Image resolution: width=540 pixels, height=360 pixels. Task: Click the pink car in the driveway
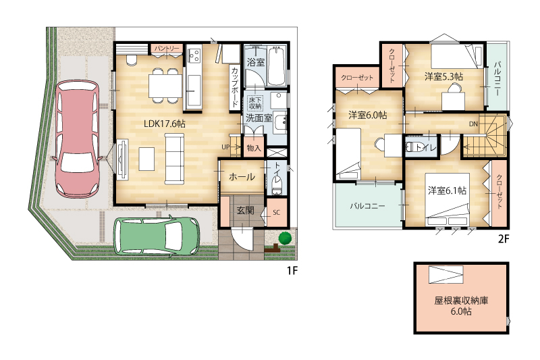78,139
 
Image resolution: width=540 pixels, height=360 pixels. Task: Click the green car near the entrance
157,236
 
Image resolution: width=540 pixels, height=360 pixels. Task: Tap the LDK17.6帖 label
164,124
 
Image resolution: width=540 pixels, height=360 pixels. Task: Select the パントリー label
167,48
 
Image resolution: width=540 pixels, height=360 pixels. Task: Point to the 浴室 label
256,62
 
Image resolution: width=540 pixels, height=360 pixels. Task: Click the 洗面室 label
259,118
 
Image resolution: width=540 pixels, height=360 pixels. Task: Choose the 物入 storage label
254,148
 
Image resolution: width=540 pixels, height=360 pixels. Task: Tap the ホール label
242,177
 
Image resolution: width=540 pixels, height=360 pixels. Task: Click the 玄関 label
245,210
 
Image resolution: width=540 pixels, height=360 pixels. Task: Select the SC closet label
277,213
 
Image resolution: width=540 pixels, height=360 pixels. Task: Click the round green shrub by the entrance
285,238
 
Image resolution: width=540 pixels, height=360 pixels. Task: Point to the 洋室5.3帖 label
443,76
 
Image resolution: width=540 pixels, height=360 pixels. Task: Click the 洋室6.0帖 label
367,115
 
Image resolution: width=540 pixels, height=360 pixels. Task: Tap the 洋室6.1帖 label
447,190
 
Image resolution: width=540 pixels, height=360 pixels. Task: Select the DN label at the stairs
474,124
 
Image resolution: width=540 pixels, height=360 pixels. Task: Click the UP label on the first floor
225,147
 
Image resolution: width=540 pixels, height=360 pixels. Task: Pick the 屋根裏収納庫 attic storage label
461,301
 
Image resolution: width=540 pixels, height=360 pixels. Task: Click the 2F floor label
504,239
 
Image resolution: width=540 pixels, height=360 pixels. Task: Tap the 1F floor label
292,271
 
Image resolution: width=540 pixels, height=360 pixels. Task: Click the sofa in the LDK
175,159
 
